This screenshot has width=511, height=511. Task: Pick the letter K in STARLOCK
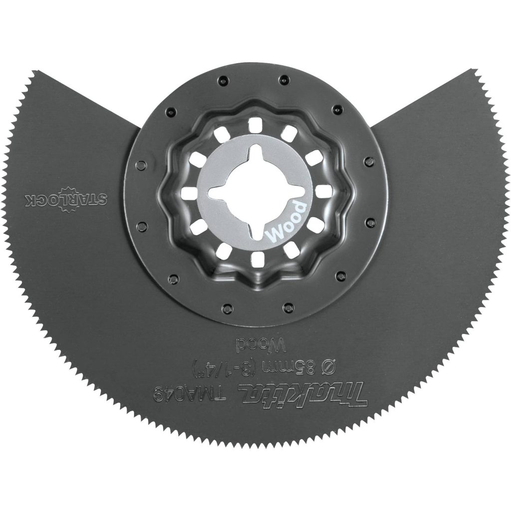pos(29,199)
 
